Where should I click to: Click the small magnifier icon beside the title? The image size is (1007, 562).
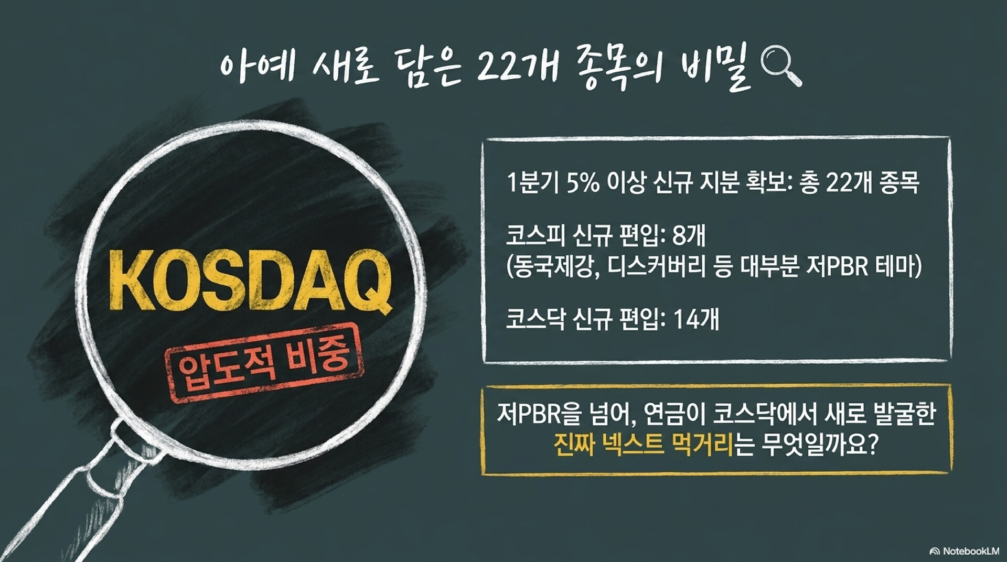coord(780,67)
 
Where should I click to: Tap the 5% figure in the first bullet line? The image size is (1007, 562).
coord(583,183)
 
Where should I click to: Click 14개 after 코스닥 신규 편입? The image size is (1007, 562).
coord(695,319)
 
